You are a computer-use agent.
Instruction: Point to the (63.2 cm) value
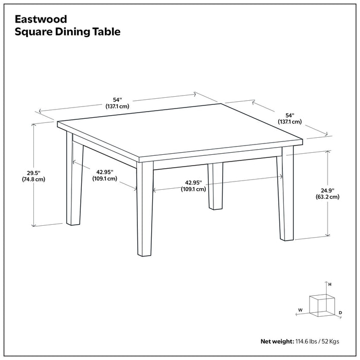(327, 196)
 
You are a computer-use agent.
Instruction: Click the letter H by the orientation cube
(330, 284)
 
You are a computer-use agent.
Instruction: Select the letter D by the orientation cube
(340, 312)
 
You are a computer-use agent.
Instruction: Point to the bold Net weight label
(277, 341)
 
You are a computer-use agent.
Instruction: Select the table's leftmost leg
(74, 180)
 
